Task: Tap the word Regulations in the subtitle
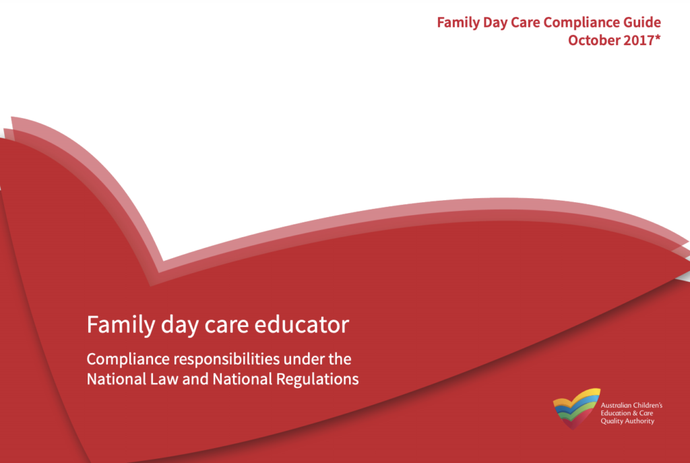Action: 317,379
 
